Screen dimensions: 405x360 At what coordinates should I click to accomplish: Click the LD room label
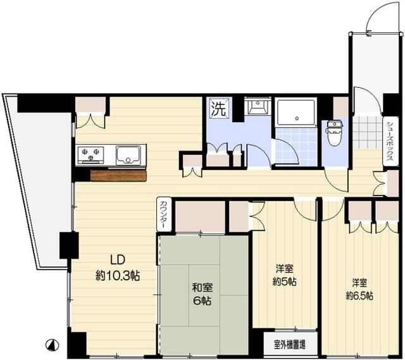click(x=118, y=259)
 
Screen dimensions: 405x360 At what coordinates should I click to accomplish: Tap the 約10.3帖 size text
click(x=118, y=276)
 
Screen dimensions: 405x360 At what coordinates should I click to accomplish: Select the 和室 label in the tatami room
click(x=202, y=288)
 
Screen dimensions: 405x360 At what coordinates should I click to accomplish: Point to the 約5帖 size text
click(x=284, y=282)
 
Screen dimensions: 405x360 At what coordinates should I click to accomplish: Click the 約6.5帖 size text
click(x=359, y=295)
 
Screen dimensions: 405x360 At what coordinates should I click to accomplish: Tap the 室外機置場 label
click(x=290, y=345)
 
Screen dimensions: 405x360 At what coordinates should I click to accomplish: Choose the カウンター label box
click(x=164, y=214)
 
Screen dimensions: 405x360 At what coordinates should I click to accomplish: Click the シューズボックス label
click(x=390, y=141)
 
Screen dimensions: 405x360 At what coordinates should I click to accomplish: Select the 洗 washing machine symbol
click(x=219, y=108)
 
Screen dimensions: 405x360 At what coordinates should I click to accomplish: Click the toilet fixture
click(x=335, y=132)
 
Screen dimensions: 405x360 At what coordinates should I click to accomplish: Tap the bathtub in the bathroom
click(x=296, y=112)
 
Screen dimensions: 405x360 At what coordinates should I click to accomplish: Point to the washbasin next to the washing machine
click(x=258, y=106)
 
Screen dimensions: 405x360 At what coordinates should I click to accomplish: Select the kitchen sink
click(x=128, y=155)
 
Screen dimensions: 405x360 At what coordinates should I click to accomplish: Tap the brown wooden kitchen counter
click(x=118, y=176)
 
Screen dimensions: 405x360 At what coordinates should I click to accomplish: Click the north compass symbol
click(x=52, y=345)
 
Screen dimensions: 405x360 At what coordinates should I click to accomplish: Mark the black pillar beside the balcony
click(x=69, y=245)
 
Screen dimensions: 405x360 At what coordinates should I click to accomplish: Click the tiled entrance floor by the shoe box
click(x=368, y=132)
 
